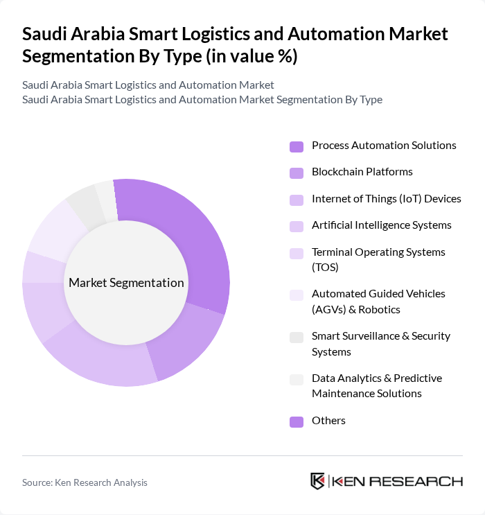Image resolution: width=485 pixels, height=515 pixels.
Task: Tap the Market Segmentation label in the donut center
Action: [x=126, y=283]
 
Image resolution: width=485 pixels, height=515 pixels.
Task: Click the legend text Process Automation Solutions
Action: [x=384, y=146]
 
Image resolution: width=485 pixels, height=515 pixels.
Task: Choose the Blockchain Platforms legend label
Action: [x=362, y=172]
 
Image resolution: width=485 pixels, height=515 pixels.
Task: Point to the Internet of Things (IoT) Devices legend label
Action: [x=386, y=199]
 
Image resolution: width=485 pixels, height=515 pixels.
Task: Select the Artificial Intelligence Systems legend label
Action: [x=381, y=225]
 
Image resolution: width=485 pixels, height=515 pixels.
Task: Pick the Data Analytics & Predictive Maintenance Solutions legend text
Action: [x=376, y=385]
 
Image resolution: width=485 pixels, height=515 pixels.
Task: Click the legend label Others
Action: [x=328, y=421]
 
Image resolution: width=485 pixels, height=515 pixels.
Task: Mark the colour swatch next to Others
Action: [x=297, y=421]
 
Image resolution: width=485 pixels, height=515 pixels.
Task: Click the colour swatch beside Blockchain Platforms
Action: [x=297, y=173]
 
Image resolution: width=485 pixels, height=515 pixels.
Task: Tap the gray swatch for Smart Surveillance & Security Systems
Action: [x=297, y=337]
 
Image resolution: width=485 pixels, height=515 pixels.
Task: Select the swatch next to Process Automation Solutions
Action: [x=297, y=146]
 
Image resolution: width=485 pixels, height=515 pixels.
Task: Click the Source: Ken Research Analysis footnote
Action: [x=85, y=482]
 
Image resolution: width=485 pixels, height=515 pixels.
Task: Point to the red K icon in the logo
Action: [x=318, y=481]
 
